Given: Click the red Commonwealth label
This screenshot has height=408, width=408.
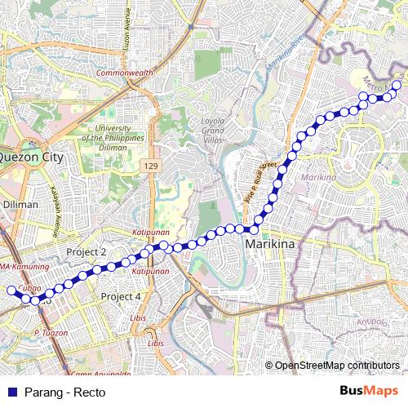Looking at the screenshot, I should pyautogui.click(x=124, y=73).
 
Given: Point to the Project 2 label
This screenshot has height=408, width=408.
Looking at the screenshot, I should pyautogui.click(x=86, y=252).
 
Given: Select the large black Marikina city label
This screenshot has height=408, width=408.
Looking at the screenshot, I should pyautogui.click(x=270, y=244).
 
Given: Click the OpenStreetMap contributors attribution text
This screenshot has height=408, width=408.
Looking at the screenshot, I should pyautogui.click(x=336, y=366).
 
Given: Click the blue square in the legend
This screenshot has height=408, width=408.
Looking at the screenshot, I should pyautogui.click(x=11, y=392).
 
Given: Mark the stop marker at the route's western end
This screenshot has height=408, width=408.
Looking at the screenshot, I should pyautogui.click(x=11, y=290).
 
